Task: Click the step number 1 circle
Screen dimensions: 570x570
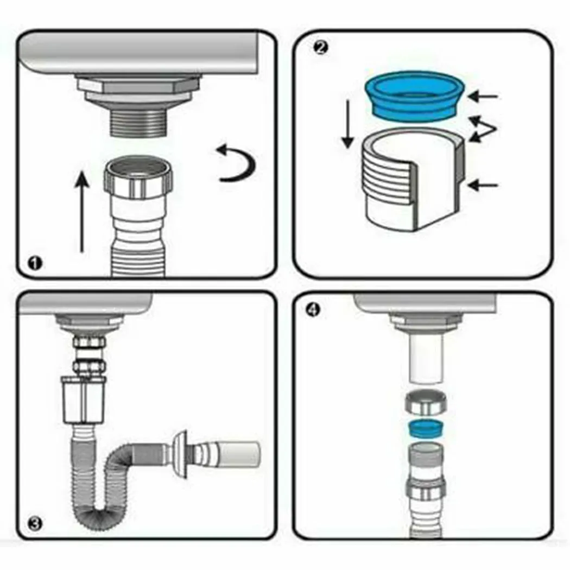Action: click(36, 264)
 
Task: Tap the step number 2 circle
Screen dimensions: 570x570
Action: click(321, 48)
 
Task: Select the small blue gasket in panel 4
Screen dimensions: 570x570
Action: click(426, 429)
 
